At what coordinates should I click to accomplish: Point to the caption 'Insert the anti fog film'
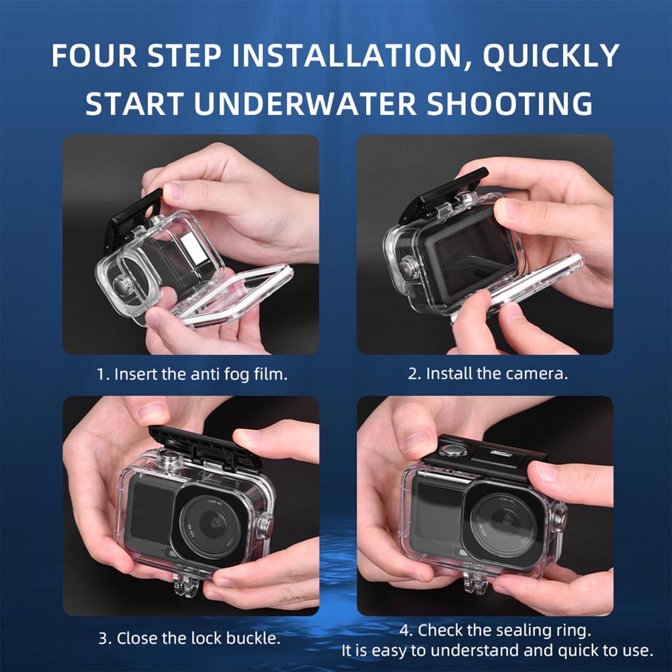192,375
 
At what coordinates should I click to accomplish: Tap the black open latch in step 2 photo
444,194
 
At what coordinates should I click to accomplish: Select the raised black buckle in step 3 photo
205,448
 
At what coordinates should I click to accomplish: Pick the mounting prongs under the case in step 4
477,582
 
